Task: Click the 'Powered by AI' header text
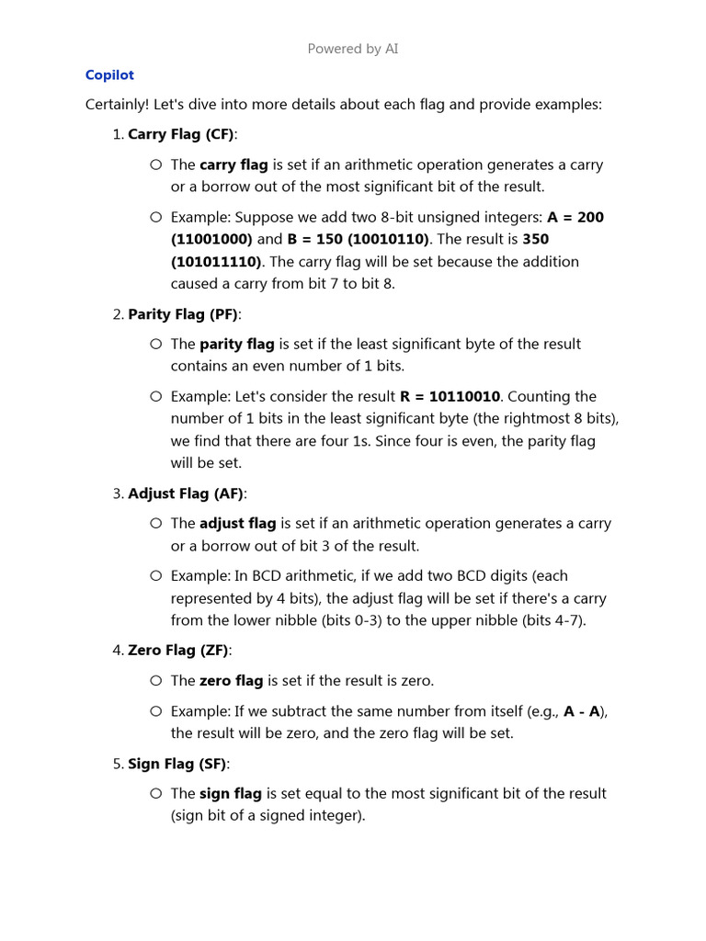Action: (x=353, y=49)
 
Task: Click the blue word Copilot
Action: (x=109, y=75)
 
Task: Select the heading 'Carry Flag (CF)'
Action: (x=181, y=134)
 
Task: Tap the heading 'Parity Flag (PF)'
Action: (x=183, y=314)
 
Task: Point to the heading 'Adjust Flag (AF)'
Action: (x=186, y=493)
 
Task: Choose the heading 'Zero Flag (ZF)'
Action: (x=178, y=651)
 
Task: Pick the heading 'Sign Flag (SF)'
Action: (x=177, y=764)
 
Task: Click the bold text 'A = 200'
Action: (x=575, y=217)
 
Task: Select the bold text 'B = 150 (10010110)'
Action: (x=359, y=239)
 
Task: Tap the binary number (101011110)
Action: (x=216, y=261)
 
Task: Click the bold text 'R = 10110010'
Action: (x=450, y=396)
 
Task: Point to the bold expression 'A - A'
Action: (x=582, y=710)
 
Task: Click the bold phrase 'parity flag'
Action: (x=237, y=344)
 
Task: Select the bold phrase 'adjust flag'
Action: (x=238, y=523)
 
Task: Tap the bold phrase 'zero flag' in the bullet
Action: (x=231, y=681)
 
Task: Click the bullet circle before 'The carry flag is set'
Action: (x=154, y=164)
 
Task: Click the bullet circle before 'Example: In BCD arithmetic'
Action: (x=154, y=575)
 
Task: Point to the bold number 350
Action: (x=536, y=239)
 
